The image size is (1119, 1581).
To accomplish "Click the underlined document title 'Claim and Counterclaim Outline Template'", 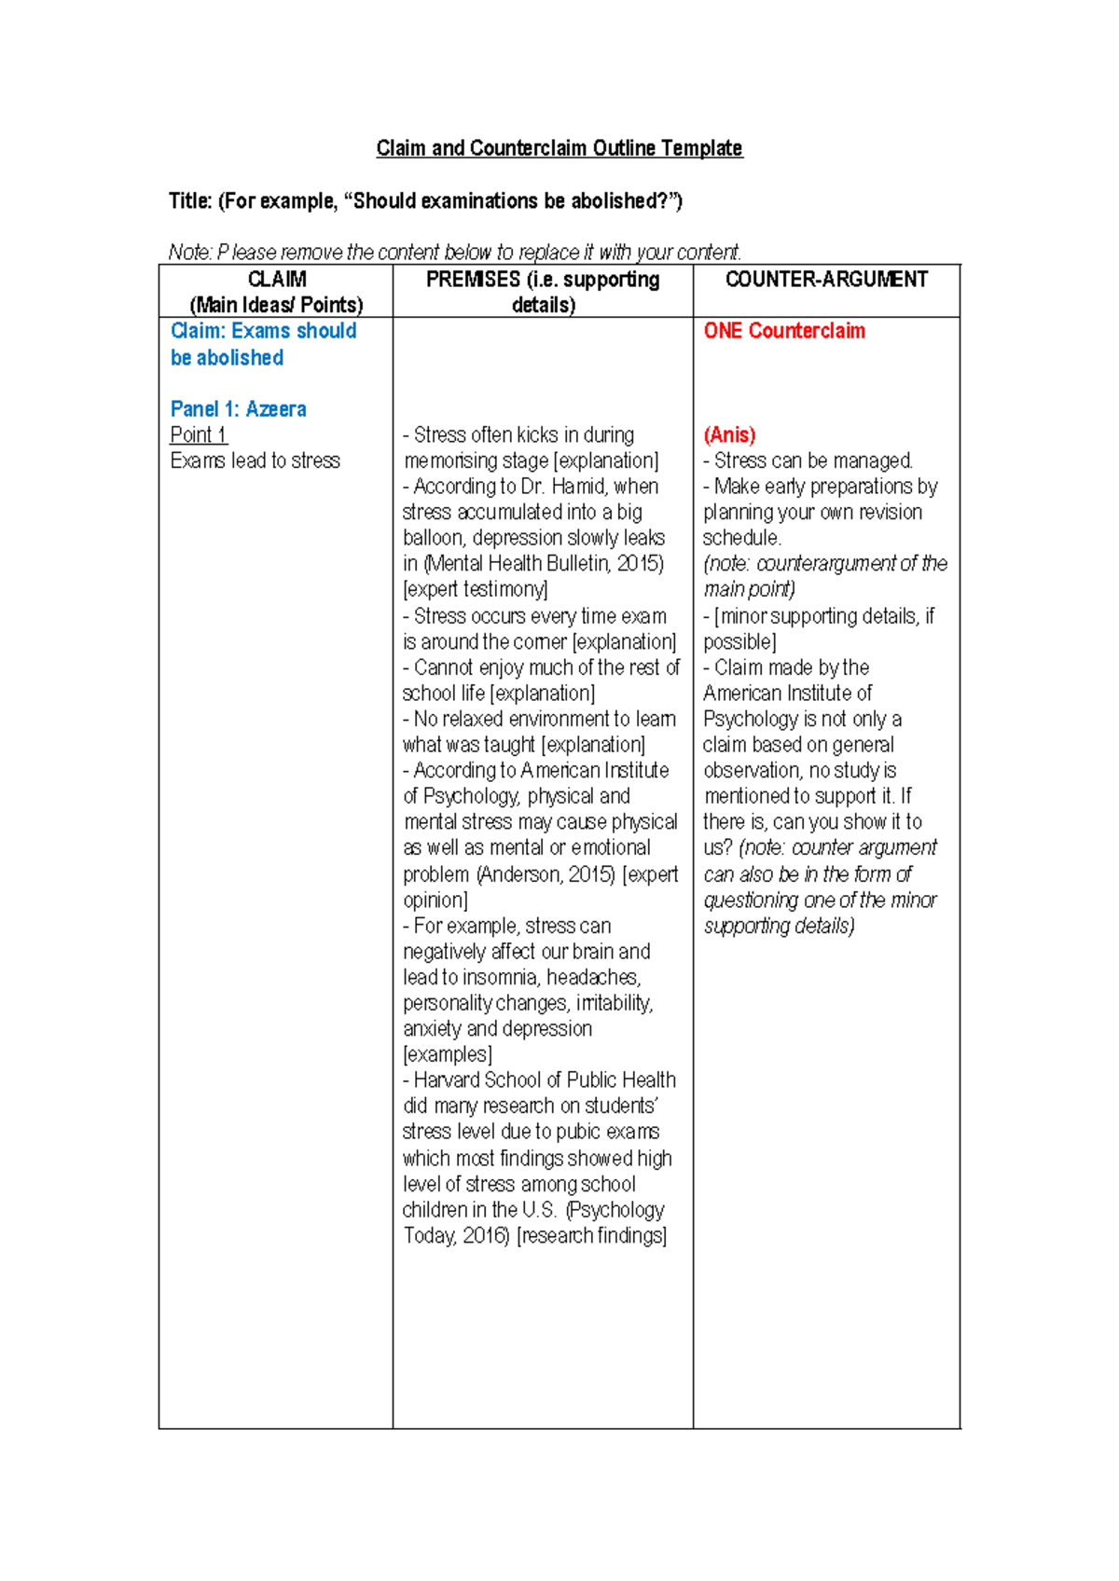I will click(559, 148).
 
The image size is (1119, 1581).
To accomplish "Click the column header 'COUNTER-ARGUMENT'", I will click(826, 280).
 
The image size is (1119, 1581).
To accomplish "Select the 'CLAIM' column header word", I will click(277, 280).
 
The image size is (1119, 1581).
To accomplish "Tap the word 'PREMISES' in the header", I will click(473, 280).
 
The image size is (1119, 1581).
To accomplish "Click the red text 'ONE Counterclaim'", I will click(784, 331).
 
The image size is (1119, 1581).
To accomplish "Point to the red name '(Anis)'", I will click(729, 435).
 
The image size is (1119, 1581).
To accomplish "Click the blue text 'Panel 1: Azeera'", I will click(238, 409).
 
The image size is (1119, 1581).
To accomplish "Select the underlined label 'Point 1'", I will click(198, 435).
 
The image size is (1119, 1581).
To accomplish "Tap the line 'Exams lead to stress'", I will click(255, 461).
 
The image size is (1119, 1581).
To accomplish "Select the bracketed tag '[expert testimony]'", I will click(476, 589).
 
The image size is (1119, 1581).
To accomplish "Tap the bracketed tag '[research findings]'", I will click(591, 1236).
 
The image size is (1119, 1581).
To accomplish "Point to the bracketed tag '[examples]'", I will click(447, 1054).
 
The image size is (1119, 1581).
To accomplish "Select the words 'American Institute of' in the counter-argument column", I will click(787, 694).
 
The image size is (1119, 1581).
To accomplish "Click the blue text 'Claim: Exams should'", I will click(263, 331).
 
